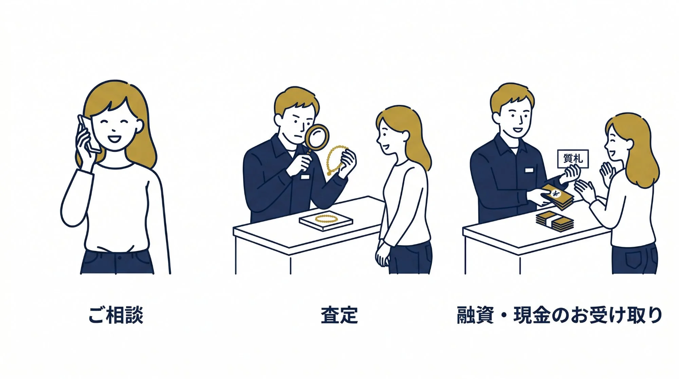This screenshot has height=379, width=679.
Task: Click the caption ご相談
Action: (116, 315)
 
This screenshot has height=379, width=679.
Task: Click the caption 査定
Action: (339, 315)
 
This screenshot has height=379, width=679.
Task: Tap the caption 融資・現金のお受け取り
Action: (559, 315)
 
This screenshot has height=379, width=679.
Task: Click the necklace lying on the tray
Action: (326, 218)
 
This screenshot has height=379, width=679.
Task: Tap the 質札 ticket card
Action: (573, 159)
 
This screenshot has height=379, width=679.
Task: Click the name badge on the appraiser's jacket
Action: (305, 177)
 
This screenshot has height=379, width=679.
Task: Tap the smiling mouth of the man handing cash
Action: (517, 130)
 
